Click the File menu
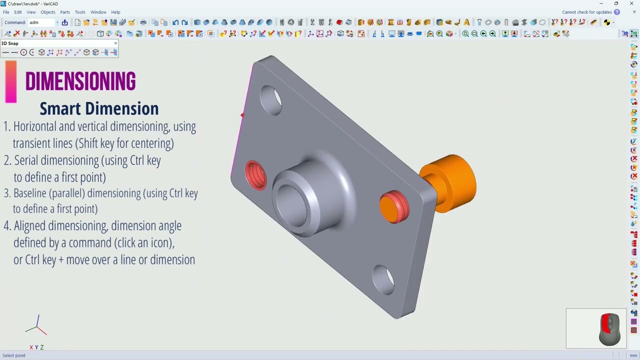coord(6,12)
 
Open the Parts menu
coord(65,12)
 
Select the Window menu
coord(98,12)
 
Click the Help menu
coord(115,12)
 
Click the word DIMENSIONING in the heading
coord(80,82)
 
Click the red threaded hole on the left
coord(256,175)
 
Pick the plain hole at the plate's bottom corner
coord(383,279)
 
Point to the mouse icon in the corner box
coord(609,328)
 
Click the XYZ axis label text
coord(36,347)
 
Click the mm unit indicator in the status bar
coord(633,355)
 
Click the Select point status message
coord(14,355)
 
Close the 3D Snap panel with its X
coord(115,43)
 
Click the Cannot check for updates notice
coord(586,12)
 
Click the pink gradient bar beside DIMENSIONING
coord(11,81)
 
